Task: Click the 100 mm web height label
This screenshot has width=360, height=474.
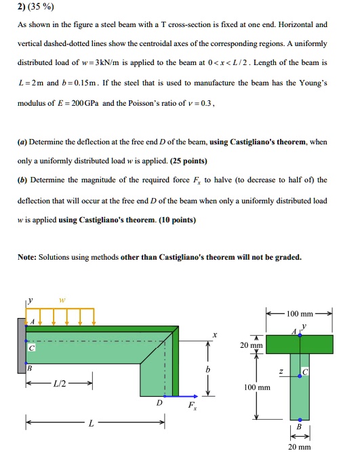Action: [x=258, y=389]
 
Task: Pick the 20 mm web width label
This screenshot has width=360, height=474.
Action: [x=299, y=448]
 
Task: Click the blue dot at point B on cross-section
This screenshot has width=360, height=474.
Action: [x=299, y=419]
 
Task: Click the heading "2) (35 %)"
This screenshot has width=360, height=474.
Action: [x=35, y=7]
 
